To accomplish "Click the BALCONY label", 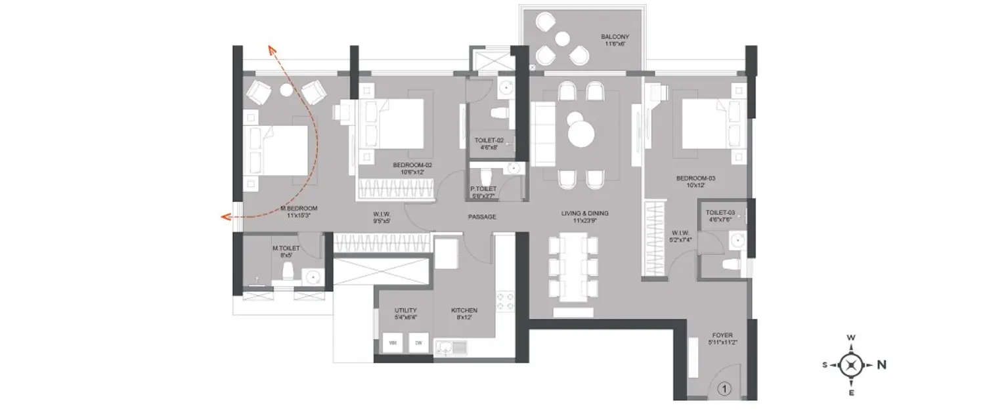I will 616,37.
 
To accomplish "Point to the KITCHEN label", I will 464,310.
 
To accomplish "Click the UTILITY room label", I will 406,310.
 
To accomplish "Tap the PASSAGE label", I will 481,216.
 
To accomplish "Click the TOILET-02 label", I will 489,140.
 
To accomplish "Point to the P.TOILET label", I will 483,189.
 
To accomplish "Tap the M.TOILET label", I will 286,248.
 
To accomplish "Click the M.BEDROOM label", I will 299,209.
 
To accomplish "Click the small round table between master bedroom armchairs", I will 287,91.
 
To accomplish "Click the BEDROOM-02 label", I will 413,165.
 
